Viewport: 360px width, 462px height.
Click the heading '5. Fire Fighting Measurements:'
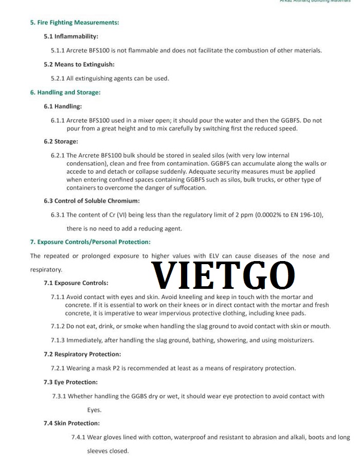coord(75,23)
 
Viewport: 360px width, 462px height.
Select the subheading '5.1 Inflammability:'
coord(71,36)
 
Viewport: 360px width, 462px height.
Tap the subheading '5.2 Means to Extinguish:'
coord(79,64)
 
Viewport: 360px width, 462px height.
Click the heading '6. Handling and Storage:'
coord(65,93)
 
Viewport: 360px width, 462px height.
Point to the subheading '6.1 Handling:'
coord(63,106)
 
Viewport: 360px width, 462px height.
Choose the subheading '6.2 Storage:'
coord(61,141)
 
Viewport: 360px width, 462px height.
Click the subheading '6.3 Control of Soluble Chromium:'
coord(92,200)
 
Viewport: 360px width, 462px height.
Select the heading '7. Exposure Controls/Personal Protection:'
coord(90,242)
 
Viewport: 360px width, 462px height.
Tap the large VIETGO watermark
coord(223,275)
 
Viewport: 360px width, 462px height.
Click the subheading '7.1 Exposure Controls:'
coord(76,283)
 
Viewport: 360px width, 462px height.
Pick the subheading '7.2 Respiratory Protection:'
coord(82,354)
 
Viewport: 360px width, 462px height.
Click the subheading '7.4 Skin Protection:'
coord(71,423)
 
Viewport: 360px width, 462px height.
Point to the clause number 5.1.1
coord(58,50)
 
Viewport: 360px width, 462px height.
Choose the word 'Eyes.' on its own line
coord(94,410)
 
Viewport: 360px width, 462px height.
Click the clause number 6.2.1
coord(58,155)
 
